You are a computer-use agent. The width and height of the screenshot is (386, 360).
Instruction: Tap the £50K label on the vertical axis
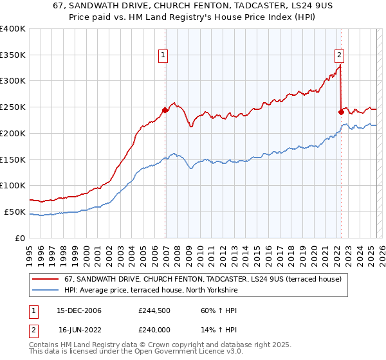click(x=15, y=212)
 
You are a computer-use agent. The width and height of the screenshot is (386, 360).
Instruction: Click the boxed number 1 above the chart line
click(x=164, y=55)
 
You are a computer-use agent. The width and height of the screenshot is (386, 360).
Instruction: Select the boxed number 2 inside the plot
click(x=339, y=55)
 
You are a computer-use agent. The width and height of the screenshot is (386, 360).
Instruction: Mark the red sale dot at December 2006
click(x=165, y=110)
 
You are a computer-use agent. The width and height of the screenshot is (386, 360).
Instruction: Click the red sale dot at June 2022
click(x=341, y=112)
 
